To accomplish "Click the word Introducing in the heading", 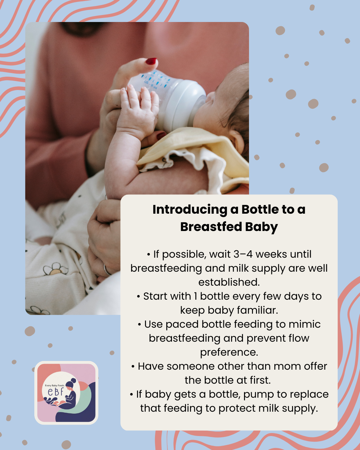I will coord(190,210).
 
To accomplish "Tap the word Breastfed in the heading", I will coord(211,227).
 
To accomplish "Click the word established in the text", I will coord(229,282).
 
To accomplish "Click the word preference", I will coord(229,352).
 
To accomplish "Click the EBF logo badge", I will coord(66,393).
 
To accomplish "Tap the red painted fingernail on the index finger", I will coord(151,61).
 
